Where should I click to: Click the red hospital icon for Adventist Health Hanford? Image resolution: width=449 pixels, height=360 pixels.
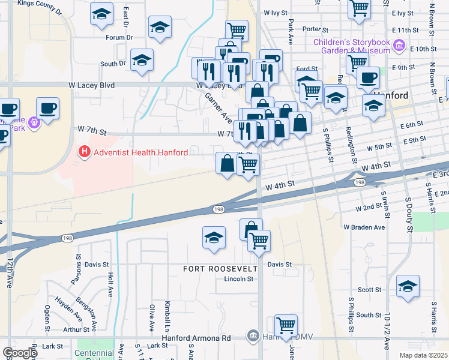click(85, 153)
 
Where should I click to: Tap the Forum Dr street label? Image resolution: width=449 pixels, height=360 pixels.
click(119, 37)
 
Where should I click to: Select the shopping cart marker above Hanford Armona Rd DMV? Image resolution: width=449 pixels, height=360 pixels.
click(286, 325)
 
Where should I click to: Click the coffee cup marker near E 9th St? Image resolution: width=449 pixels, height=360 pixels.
click(368, 77)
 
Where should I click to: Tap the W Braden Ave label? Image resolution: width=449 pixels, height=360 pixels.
click(364, 227)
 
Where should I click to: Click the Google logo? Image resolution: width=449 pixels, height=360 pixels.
click(20, 353)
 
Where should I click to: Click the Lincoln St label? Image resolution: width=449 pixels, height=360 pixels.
click(235, 279)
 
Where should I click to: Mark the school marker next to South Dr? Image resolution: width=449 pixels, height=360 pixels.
click(142, 60)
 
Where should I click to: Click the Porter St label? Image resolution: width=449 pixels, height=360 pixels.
click(312, 29)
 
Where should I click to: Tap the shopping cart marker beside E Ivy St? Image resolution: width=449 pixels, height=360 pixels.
click(359, 8)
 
